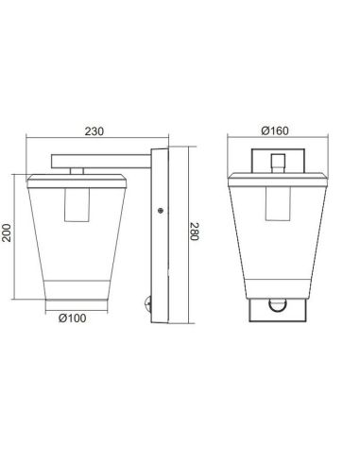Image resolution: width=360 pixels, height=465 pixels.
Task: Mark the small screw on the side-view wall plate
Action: pos(160,210)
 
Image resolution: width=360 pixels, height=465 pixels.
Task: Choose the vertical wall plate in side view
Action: pos(164,232)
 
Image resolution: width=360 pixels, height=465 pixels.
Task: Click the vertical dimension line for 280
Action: pos(183,232)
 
